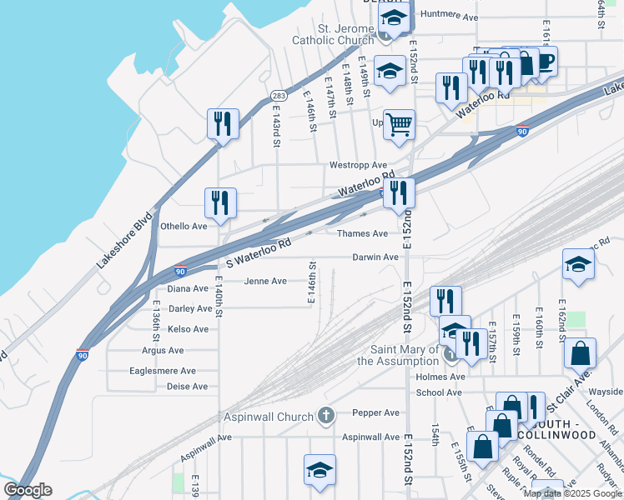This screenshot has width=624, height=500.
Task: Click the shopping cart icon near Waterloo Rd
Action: point(400,125)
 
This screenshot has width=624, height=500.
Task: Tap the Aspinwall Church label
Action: point(267,416)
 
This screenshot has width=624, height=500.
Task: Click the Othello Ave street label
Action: point(184,226)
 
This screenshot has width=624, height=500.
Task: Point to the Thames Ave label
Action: point(362,234)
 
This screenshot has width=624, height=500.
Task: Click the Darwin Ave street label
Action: point(375,257)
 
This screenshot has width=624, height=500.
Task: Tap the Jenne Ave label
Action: point(265,282)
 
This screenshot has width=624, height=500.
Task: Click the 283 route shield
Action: point(279,97)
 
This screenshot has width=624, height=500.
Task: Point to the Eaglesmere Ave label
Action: point(169,371)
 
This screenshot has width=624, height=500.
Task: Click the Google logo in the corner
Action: point(28,490)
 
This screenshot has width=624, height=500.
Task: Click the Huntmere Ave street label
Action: point(449,15)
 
